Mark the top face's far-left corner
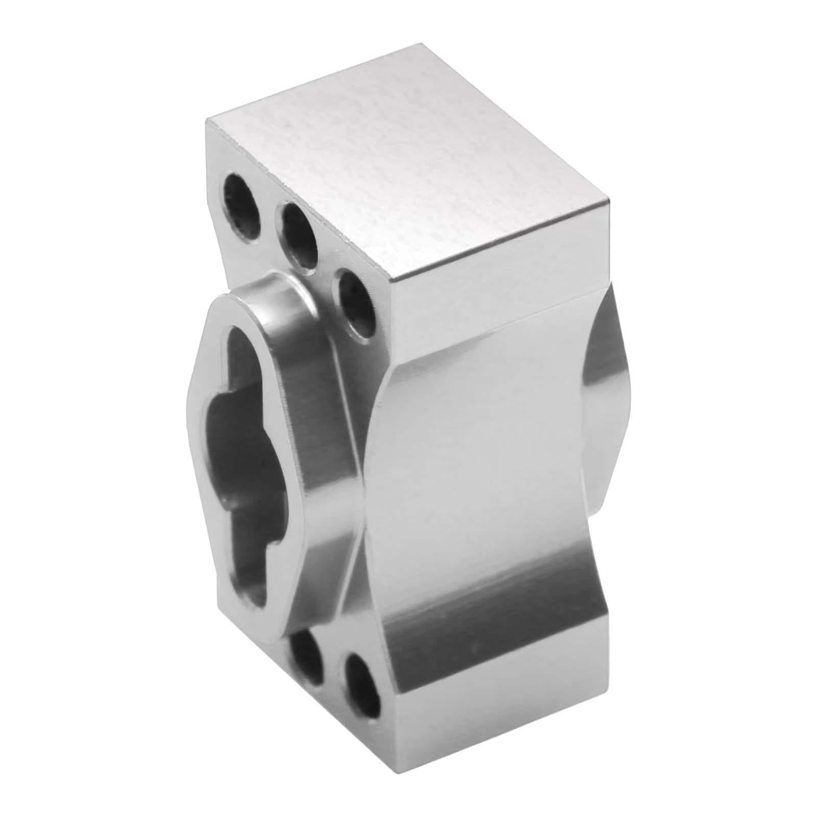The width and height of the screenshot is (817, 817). (207, 118)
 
